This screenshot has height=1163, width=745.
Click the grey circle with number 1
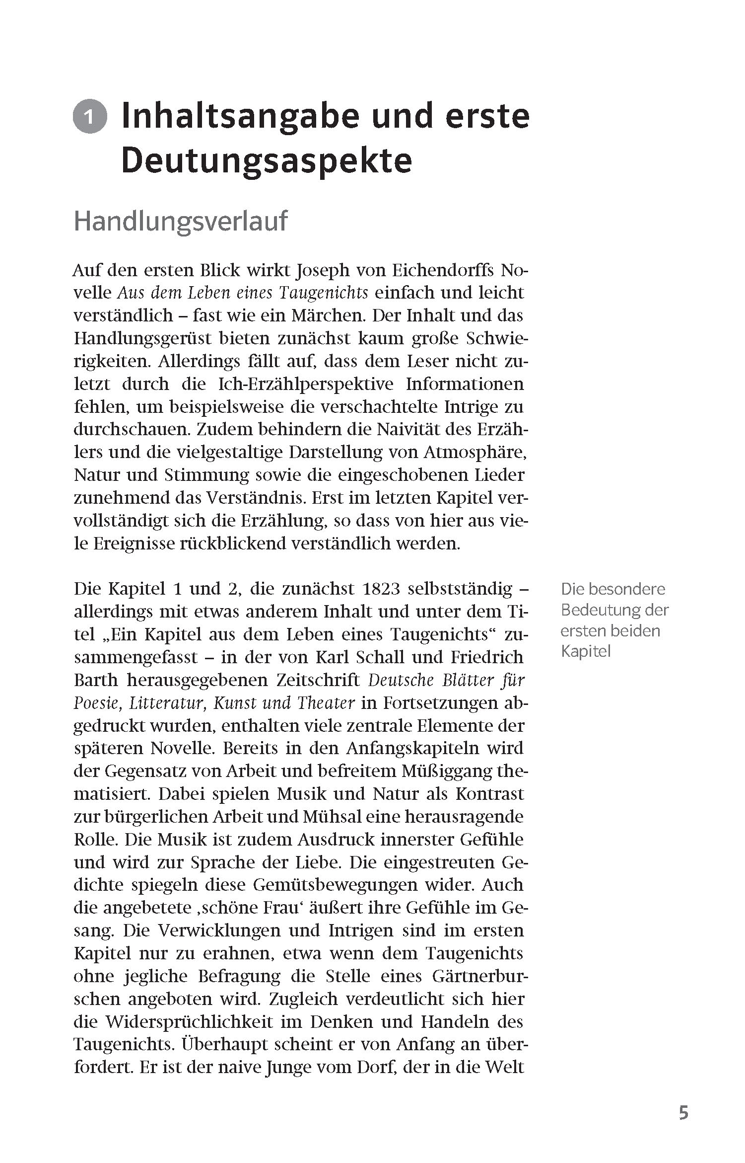point(90,118)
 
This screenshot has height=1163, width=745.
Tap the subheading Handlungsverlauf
point(180,221)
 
